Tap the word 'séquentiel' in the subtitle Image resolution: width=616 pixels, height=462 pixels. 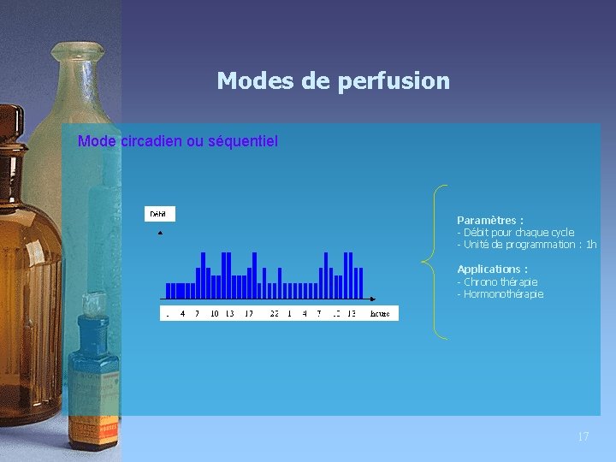pos(243,141)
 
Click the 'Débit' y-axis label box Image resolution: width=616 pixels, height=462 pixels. pos(158,213)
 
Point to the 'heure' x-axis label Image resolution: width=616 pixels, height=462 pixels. pos(380,314)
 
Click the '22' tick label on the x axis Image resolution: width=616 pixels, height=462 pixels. pos(274,314)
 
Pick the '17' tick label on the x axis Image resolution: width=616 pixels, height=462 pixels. pos(248,314)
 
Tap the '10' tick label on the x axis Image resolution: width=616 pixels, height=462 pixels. pos(214,314)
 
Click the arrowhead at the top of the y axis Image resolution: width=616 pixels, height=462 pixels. pos(160,232)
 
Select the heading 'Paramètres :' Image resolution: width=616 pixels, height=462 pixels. pos(490,220)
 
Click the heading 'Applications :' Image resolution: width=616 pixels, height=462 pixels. pos(492,269)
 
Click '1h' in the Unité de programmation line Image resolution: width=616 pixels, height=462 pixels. pos(590,245)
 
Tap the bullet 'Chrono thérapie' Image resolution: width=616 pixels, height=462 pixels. pos(500,282)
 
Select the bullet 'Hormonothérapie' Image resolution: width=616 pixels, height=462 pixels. pos(503,294)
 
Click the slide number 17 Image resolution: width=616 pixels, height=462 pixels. pos(583,436)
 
